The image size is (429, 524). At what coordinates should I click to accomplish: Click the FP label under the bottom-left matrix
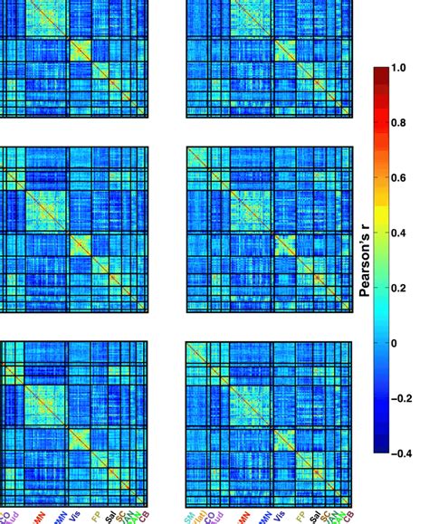coord(94,514)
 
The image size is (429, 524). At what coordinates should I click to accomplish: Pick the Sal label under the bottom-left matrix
coord(109,514)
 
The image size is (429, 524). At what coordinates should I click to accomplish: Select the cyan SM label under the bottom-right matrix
coord(189,514)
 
